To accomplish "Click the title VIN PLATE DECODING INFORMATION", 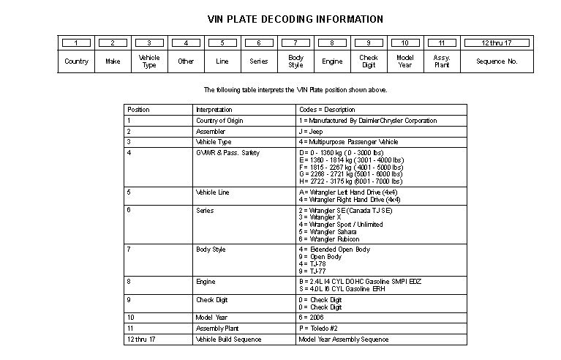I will click(295, 19).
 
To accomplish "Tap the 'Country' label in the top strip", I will click(76, 61).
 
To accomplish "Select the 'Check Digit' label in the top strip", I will click(369, 61).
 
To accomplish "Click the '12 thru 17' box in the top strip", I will click(497, 43).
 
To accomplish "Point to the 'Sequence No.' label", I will click(497, 61).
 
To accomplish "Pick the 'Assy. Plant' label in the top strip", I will click(442, 61).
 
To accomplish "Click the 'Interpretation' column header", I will click(214, 110).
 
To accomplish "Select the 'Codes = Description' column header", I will click(327, 110).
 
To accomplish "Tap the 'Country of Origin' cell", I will click(220, 121).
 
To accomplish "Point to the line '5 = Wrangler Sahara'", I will click(330, 232).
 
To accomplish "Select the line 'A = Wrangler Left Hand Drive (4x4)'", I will click(350, 192).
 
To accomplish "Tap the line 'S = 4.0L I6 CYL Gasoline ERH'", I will click(343, 288).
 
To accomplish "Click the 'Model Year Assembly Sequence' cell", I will click(344, 340).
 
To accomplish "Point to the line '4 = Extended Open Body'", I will click(334, 250).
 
